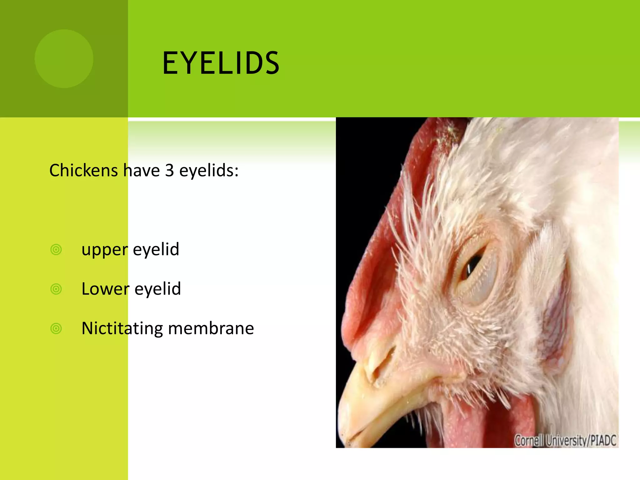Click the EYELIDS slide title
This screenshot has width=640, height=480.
pos(221,63)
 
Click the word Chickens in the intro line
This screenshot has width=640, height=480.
pos(83,171)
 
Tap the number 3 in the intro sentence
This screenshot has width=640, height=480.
pos(169,171)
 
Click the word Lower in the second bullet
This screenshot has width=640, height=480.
pos(105,289)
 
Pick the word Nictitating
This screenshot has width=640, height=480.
pos(122,328)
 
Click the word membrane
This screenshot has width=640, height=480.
pos(211,328)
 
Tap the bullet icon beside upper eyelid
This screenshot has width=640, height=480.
pos(56,250)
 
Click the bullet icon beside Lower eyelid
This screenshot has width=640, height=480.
pos(56,289)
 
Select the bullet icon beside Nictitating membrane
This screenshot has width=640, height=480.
pos(56,328)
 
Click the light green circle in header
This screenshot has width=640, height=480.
pos(64,59)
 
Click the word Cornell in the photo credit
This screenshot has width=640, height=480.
pos(529,441)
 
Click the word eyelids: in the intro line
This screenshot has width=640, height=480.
pos(209,171)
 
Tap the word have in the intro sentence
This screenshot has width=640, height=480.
pos(141,171)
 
